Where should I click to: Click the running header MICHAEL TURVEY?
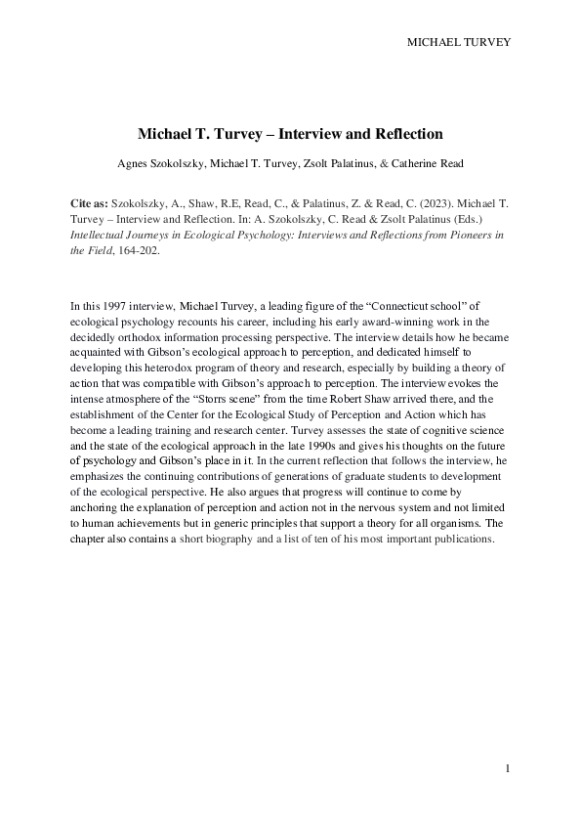pyautogui.click(x=458, y=42)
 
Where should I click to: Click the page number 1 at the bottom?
pyautogui.click(x=508, y=769)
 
